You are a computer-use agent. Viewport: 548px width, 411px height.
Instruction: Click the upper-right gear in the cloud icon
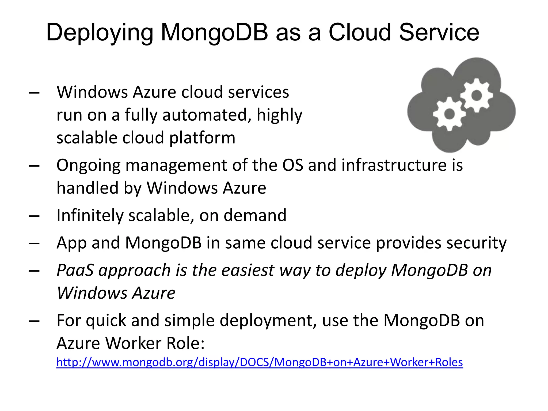pos(477,95)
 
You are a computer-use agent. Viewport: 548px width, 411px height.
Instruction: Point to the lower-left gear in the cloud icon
pos(449,114)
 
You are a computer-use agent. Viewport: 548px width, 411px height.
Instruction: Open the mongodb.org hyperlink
pos(259,362)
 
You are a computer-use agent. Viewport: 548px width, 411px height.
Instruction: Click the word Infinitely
pos(90,215)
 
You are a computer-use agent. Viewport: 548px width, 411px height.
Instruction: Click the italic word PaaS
pos(75,270)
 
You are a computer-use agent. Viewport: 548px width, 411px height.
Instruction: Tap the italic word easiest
pos(248,270)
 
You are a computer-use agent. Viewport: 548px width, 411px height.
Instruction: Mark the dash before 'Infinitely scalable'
pos(34,216)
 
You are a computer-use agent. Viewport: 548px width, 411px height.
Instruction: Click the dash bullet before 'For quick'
pos(34,321)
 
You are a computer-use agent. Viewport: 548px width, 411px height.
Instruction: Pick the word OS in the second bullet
pos(293,165)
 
